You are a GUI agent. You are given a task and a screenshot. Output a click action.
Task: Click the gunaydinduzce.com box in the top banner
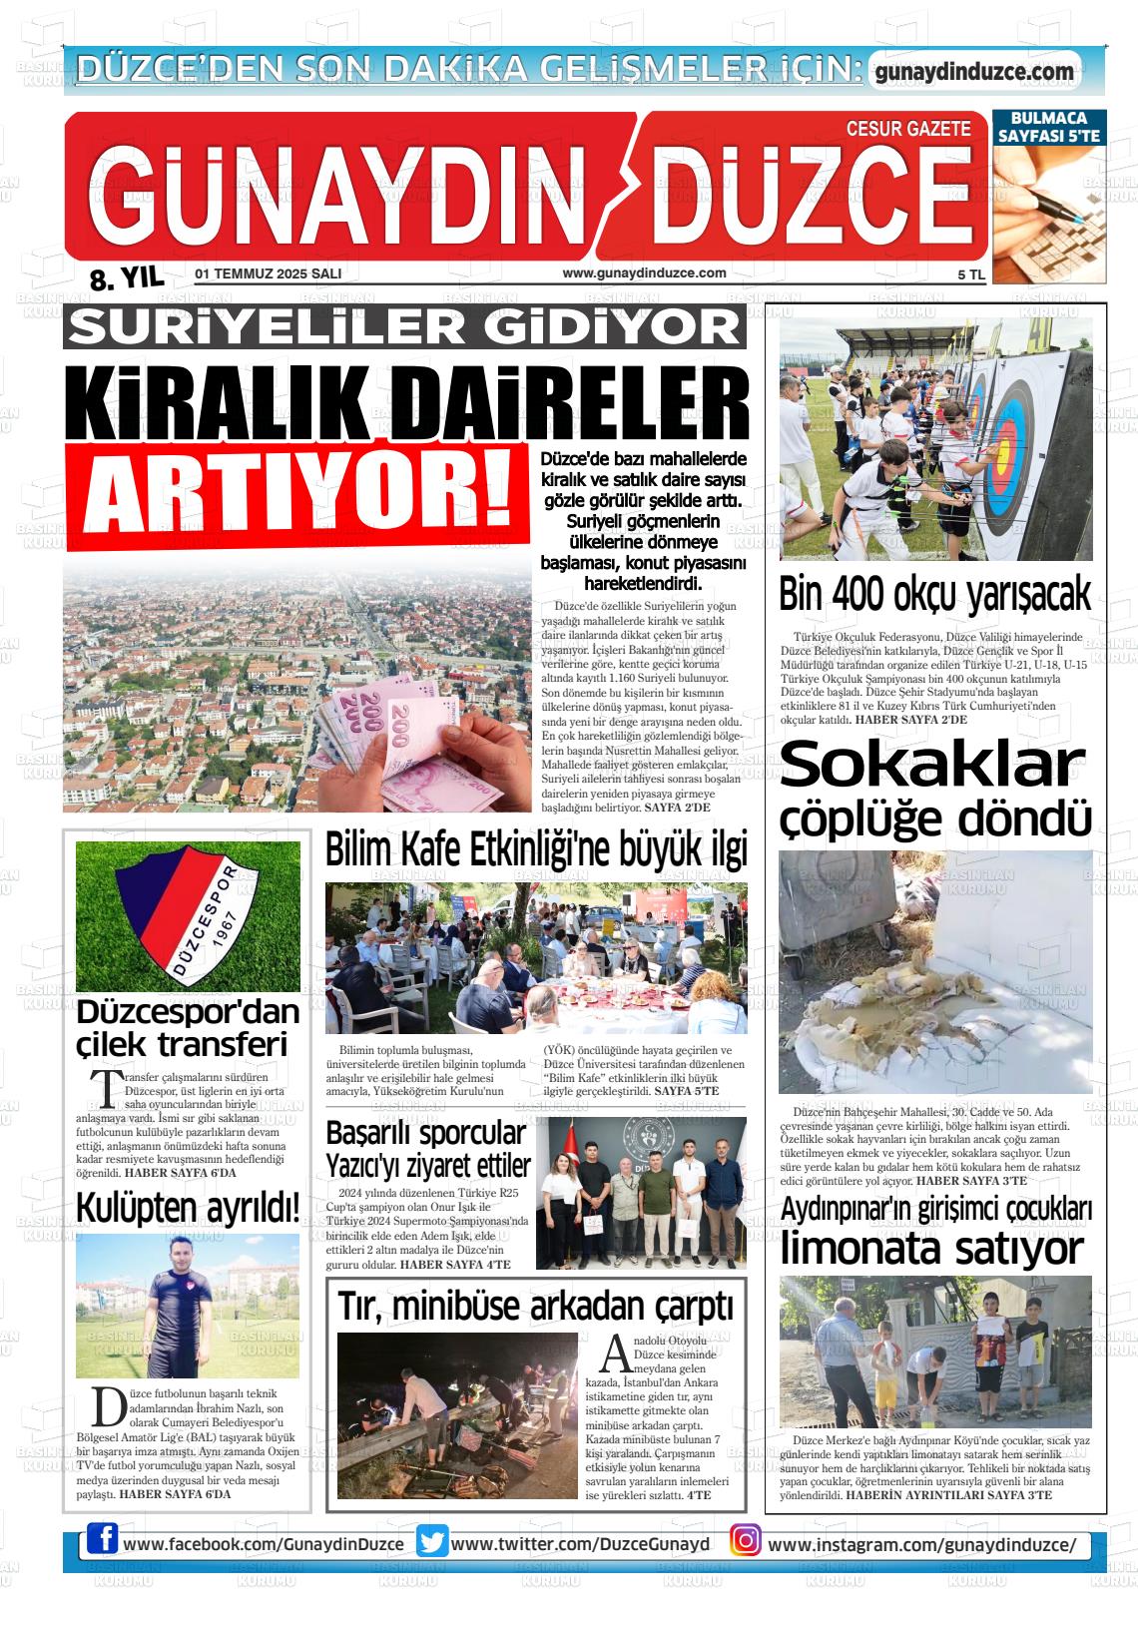click(x=973, y=72)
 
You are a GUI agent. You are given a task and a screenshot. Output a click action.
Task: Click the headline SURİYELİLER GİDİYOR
click(x=404, y=325)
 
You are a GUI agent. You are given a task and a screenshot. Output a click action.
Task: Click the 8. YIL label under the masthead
click(x=126, y=278)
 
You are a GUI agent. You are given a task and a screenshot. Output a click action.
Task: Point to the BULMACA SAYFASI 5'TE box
click(x=1048, y=127)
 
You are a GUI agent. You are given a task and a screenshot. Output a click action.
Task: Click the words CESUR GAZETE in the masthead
click(x=907, y=129)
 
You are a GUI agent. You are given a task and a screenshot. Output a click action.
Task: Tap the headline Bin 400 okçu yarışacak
click(x=934, y=595)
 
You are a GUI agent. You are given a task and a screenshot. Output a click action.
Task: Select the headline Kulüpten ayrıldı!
click(x=188, y=1208)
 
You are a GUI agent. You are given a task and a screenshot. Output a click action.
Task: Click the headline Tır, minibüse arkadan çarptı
click(x=536, y=1306)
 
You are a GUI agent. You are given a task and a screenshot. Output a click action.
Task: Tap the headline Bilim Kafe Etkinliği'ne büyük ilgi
click(x=536, y=849)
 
